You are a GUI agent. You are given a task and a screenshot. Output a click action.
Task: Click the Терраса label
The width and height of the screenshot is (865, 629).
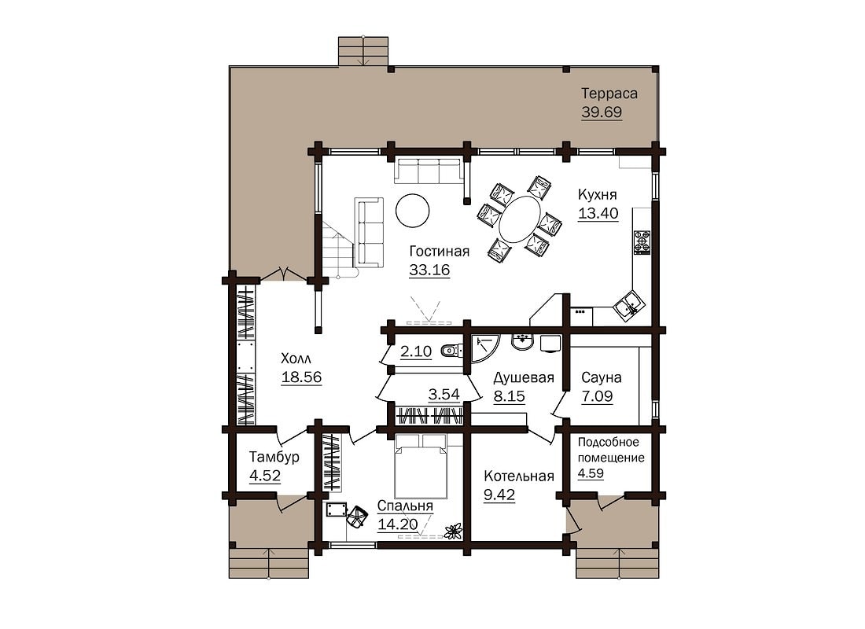tap(609, 94)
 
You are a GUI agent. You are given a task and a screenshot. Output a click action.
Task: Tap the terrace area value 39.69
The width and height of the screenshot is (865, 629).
tap(602, 112)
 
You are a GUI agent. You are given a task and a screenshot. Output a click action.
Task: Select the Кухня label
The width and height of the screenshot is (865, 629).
tap(598, 194)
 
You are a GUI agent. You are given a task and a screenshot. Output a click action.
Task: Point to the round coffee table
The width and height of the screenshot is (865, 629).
tap(412, 209)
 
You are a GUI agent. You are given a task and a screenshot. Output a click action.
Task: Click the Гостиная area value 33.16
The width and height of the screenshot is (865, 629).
tap(429, 270)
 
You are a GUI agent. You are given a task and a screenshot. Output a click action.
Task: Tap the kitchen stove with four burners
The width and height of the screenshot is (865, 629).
tap(643, 242)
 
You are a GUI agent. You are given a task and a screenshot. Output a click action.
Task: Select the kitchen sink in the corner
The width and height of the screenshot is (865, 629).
tap(628, 304)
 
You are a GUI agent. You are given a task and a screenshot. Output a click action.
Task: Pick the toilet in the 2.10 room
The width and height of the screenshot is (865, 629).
tap(451, 351)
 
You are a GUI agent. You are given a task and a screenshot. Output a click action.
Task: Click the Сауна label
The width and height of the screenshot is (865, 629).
tap(602, 378)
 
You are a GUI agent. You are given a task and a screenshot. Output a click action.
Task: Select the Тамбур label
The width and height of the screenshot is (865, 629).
tap(274, 458)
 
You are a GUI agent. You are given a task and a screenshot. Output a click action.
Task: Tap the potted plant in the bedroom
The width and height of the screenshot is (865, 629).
tap(453, 532)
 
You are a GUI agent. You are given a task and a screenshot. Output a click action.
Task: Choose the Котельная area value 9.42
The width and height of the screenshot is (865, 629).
tap(499, 495)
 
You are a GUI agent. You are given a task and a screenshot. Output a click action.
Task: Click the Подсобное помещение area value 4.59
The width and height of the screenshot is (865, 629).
tap(591, 473)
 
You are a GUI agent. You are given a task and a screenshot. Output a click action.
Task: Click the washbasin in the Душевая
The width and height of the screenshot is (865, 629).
tap(522, 341)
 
